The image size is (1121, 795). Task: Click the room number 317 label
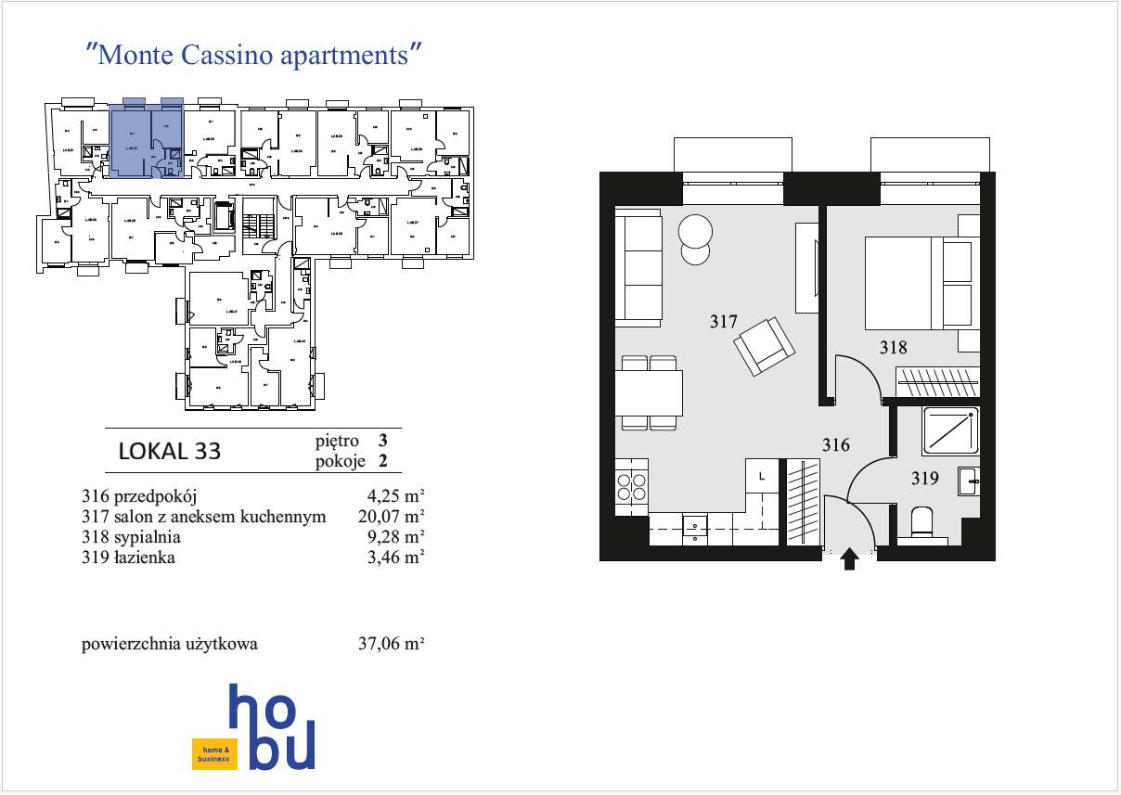pos(723,322)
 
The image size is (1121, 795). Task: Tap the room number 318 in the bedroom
pos(893,348)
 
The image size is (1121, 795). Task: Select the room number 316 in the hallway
pos(835,445)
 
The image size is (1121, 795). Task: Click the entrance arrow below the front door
pos(849,560)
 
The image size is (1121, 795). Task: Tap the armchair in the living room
pos(765,347)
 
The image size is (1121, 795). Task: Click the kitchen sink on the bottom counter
pos(694,528)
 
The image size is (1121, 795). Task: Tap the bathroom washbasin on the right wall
pos(970,479)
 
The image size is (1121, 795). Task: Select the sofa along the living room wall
pos(638,266)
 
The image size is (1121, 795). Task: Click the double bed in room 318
pos(914,283)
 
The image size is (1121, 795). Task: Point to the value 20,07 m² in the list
pos(391,517)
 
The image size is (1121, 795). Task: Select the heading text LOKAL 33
pos(170,452)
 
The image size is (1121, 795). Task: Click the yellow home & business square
pos(209,754)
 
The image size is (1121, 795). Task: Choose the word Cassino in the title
pos(222,55)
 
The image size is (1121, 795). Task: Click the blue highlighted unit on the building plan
pos(146,139)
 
